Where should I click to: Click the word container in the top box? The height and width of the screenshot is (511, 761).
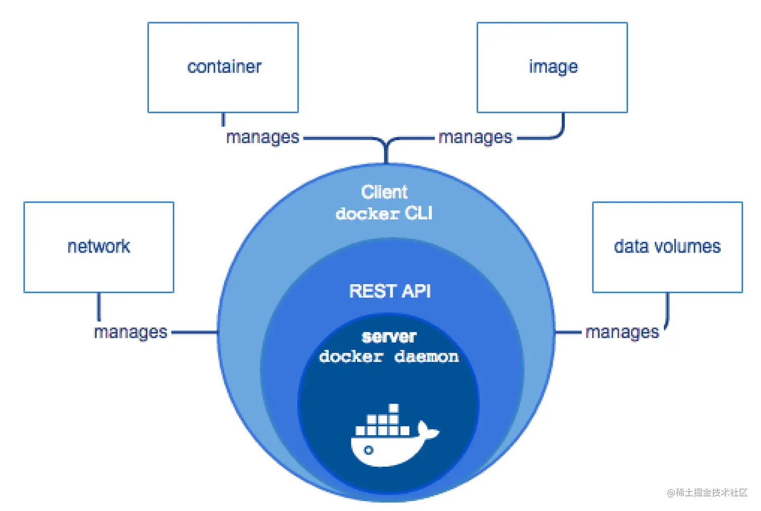point(224,67)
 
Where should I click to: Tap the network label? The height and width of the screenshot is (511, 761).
point(99,246)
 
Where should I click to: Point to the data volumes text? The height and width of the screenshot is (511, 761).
point(667,246)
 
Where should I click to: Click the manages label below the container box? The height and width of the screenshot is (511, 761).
point(263,138)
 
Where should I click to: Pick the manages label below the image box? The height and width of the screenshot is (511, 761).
point(475,138)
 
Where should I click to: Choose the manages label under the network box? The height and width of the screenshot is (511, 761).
point(130,333)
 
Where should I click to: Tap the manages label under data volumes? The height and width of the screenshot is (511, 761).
point(622,333)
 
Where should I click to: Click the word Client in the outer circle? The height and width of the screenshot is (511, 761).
point(384,192)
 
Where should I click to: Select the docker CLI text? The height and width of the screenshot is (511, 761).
point(384,214)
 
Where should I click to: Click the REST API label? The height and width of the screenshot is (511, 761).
point(390,291)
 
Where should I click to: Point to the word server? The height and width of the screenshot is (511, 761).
point(389,337)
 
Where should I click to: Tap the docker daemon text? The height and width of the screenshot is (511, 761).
point(389,357)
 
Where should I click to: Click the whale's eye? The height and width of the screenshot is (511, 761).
point(368,451)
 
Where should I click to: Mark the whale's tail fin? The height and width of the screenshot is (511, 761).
point(427,430)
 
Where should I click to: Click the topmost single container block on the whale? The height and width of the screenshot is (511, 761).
point(394,408)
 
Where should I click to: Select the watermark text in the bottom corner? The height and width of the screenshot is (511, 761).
point(707,492)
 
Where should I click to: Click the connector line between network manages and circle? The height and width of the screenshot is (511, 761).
point(194,333)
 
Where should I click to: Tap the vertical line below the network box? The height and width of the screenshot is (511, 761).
point(99,307)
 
